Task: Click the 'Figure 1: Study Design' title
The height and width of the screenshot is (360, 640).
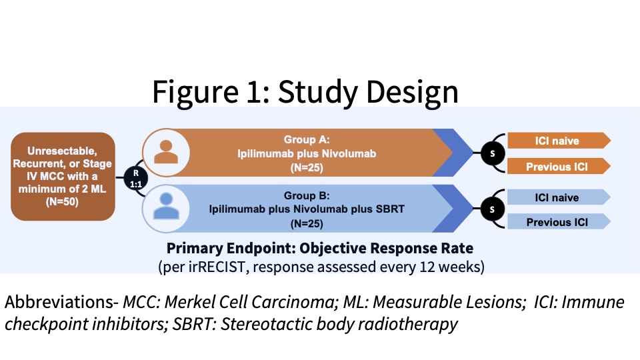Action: pyautogui.click(x=305, y=92)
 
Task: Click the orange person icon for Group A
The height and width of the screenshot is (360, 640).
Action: pyautogui.click(x=163, y=152)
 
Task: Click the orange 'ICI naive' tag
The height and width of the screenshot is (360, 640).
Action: pyautogui.click(x=557, y=141)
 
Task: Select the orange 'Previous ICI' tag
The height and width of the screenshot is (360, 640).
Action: pyautogui.click(x=557, y=166)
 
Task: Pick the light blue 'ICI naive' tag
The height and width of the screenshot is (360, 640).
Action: pyautogui.click(x=557, y=197)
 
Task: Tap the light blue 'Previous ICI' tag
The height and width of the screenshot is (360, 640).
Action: pyautogui.click(x=557, y=222)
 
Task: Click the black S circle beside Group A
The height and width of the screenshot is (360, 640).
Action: pyautogui.click(x=493, y=153)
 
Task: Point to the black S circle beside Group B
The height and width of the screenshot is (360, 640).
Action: pyautogui.click(x=493, y=209)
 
